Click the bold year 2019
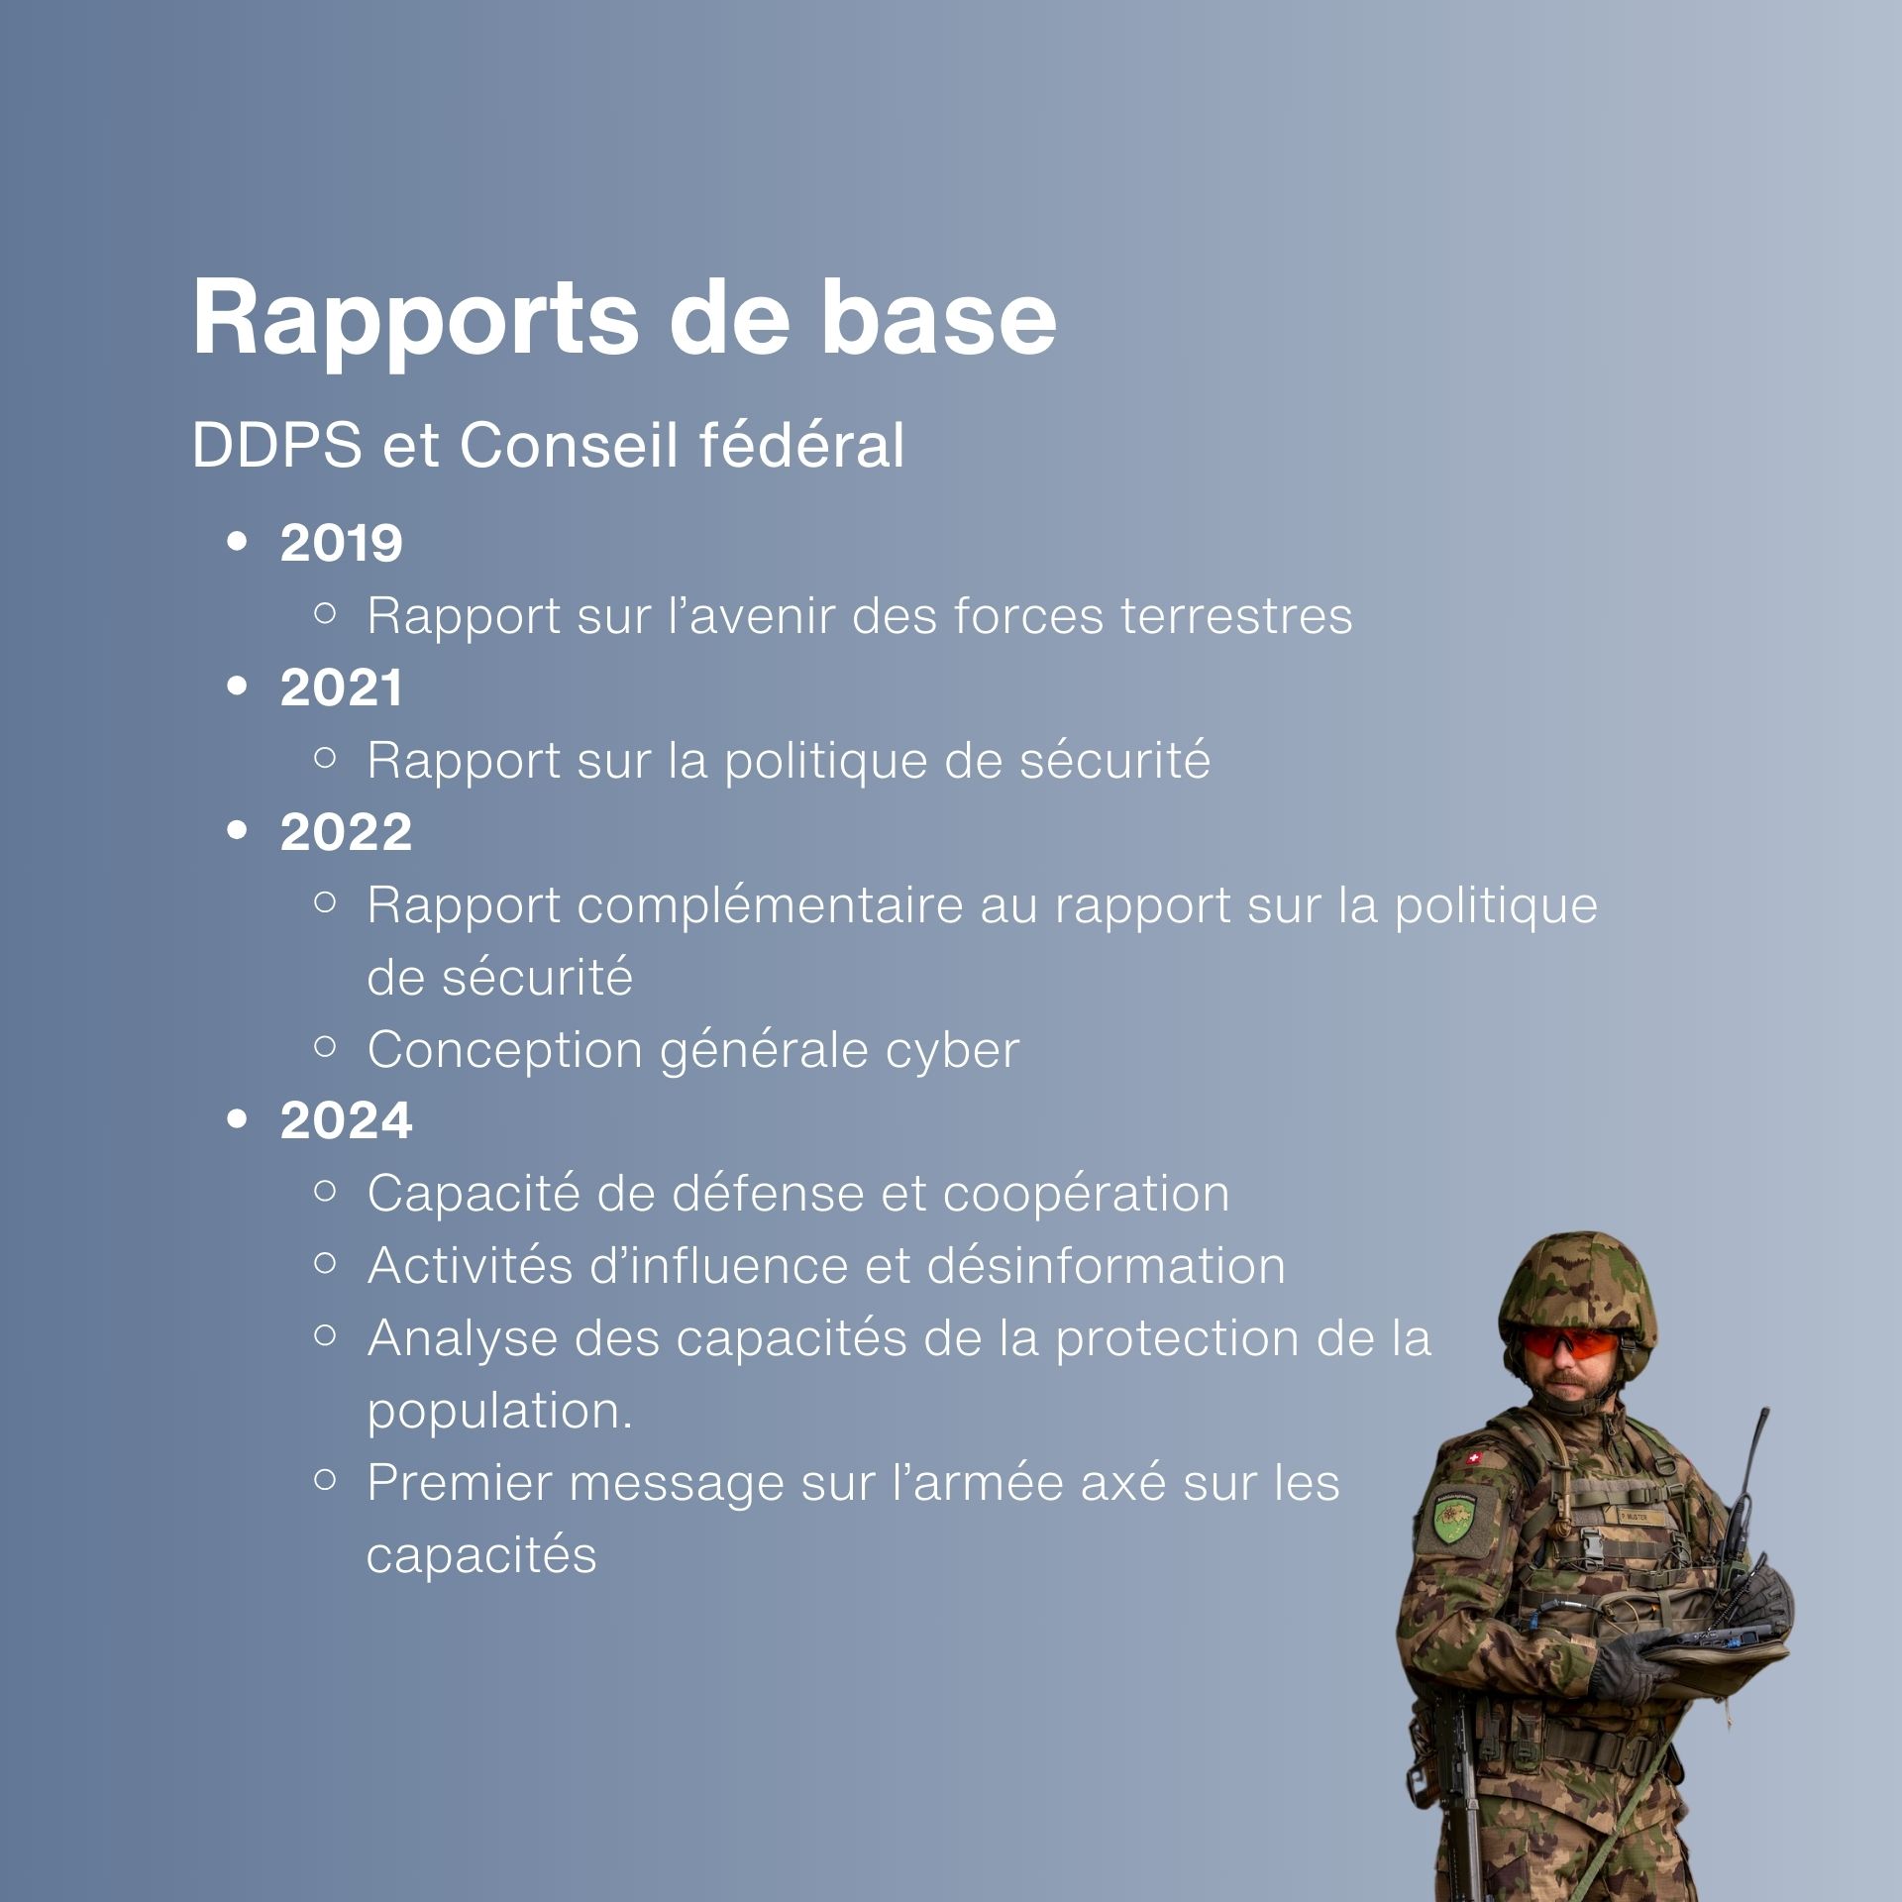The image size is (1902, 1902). (342, 543)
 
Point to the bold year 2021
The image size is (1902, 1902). (342, 687)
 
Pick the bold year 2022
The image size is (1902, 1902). (346, 832)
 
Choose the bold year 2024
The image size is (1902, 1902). (346, 1121)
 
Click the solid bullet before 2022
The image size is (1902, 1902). (237, 831)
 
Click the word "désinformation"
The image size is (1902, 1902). (1106, 1265)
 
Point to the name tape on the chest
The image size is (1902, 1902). (1630, 1517)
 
